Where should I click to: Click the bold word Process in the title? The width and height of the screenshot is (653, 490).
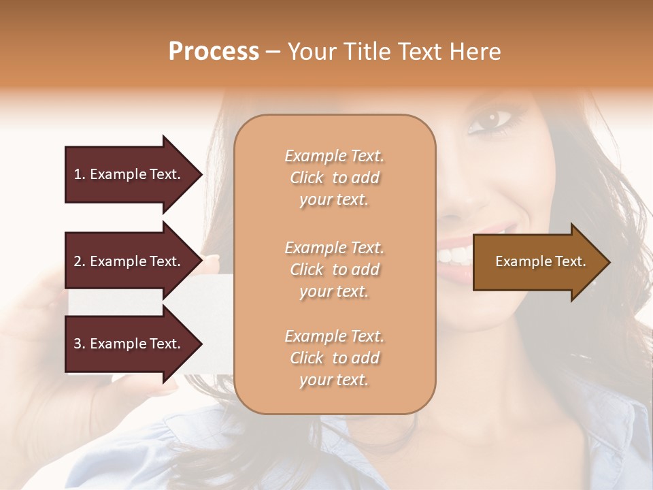pos(214,52)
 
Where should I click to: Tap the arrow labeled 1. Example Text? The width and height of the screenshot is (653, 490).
pos(129,174)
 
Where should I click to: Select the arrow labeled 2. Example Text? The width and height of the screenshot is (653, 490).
pos(129,261)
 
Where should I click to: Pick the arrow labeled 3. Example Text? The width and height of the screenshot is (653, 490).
pos(129,344)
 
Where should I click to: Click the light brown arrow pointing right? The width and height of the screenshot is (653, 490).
pos(537,261)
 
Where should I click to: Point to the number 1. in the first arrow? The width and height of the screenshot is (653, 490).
pos(80,174)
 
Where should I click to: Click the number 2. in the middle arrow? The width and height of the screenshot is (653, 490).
pos(80,261)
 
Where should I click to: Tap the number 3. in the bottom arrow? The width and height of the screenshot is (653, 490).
pos(80,344)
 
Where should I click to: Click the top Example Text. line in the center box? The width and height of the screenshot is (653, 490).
pos(334,156)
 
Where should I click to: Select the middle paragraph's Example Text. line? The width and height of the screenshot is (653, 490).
pos(334,247)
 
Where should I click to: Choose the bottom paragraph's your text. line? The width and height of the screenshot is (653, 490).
pos(334,380)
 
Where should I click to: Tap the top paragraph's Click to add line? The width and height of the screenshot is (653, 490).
pos(334,178)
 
